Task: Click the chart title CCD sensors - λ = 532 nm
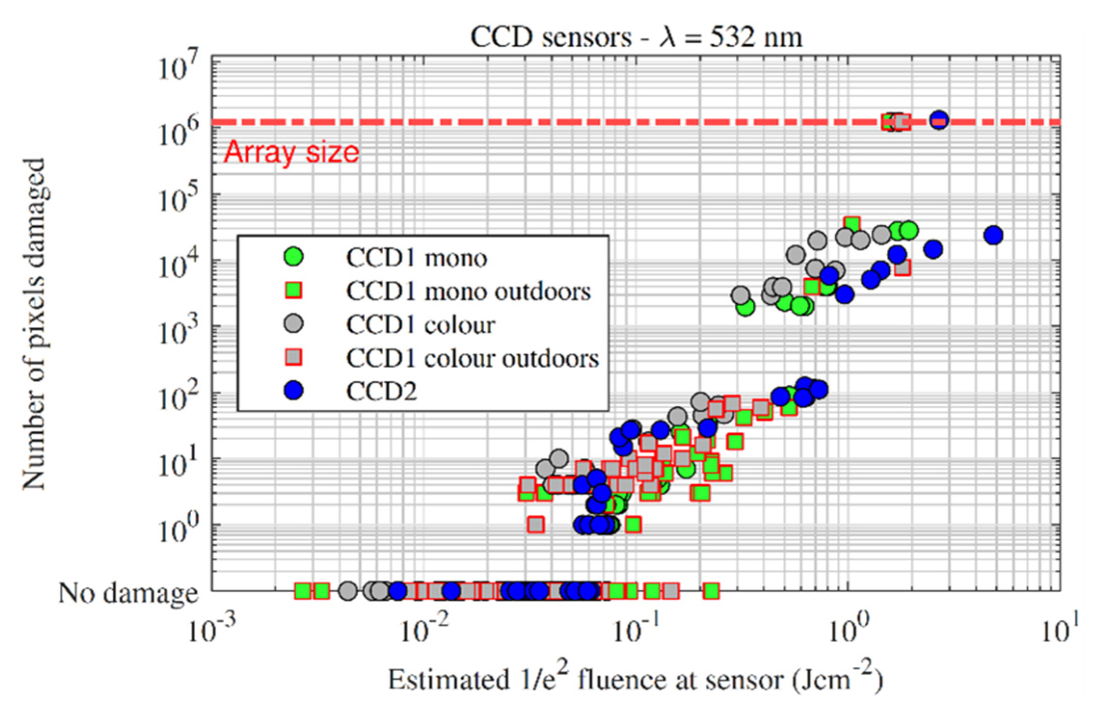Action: (636, 37)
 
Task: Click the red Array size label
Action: (291, 152)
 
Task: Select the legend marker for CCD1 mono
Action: (293, 257)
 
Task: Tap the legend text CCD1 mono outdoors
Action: (468, 291)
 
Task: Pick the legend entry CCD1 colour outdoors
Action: (472, 358)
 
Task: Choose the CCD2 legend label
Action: (381, 391)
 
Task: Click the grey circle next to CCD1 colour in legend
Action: (293, 323)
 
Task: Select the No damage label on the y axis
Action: (128, 593)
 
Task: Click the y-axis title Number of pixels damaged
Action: (35, 323)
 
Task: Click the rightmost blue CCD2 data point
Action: (993, 235)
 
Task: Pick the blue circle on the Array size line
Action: (939, 119)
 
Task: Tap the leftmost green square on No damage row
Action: (303, 591)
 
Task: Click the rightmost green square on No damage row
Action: (711, 591)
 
